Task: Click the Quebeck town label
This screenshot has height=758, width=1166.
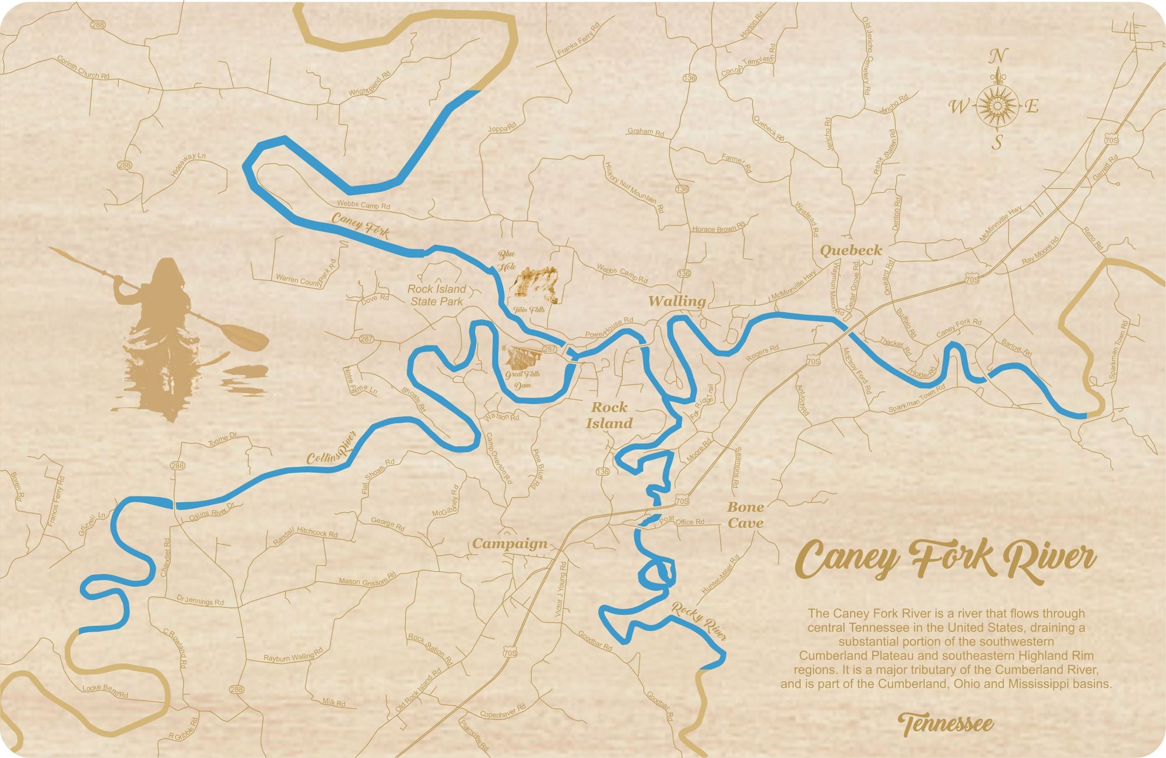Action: click(x=851, y=251)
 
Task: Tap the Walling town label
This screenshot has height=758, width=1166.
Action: click(x=677, y=301)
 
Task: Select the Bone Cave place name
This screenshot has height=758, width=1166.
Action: click(x=745, y=515)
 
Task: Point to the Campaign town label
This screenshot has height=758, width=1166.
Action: click(x=510, y=544)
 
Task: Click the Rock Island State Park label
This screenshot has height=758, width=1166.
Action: click(x=437, y=295)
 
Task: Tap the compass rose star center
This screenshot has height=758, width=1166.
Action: click(x=997, y=106)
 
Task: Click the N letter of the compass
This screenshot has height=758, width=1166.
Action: click(x=998, y=57)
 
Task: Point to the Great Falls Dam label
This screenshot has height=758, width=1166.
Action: click(x=522, y=379)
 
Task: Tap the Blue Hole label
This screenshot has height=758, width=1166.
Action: click(x=506, y=260)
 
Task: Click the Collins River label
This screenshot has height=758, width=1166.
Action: click(x=331, y=449)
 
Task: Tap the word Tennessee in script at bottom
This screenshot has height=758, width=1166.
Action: click(x=945, y=724)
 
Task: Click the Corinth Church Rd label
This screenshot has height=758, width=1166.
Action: click(x=83, y=67)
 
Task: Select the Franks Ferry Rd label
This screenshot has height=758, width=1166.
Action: click(x=578, y=40)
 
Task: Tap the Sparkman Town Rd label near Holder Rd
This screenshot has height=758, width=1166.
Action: click(x=916, y=399)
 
